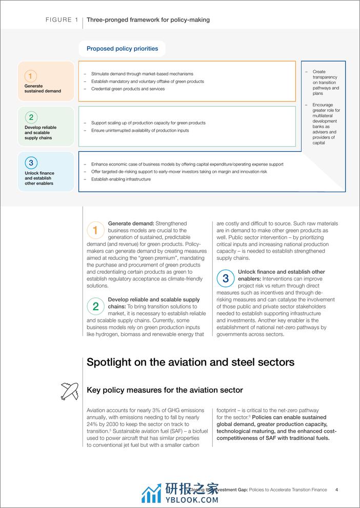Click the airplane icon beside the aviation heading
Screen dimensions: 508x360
tap(70, 391)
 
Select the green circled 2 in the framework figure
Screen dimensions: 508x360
tap(31, 117)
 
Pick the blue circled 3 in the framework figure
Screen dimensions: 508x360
tap(31, 164)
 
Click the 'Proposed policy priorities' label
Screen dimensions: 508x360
tap(122, 49)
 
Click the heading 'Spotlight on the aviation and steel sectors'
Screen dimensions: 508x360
tap(190, 362)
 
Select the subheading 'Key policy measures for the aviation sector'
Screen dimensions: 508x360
tap(165, 390)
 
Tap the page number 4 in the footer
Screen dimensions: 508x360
tap(336, 490)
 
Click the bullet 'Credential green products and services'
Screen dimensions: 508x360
tap(128, 89)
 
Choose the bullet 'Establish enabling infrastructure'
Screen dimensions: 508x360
tap(121, 179)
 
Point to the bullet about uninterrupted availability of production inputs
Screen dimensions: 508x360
tap(140, 131)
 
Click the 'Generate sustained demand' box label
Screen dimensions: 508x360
tap(43, 89)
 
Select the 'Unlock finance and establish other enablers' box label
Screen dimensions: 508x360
tap(39, 178)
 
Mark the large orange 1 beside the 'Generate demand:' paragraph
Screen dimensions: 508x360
tap(95, 230)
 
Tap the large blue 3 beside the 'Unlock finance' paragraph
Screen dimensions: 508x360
tap(226, 278)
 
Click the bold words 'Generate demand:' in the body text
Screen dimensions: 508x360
tap(131, 223)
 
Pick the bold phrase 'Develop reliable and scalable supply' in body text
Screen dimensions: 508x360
tap(154, 299)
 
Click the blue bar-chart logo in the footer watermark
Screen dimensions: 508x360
tap(151, 493)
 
